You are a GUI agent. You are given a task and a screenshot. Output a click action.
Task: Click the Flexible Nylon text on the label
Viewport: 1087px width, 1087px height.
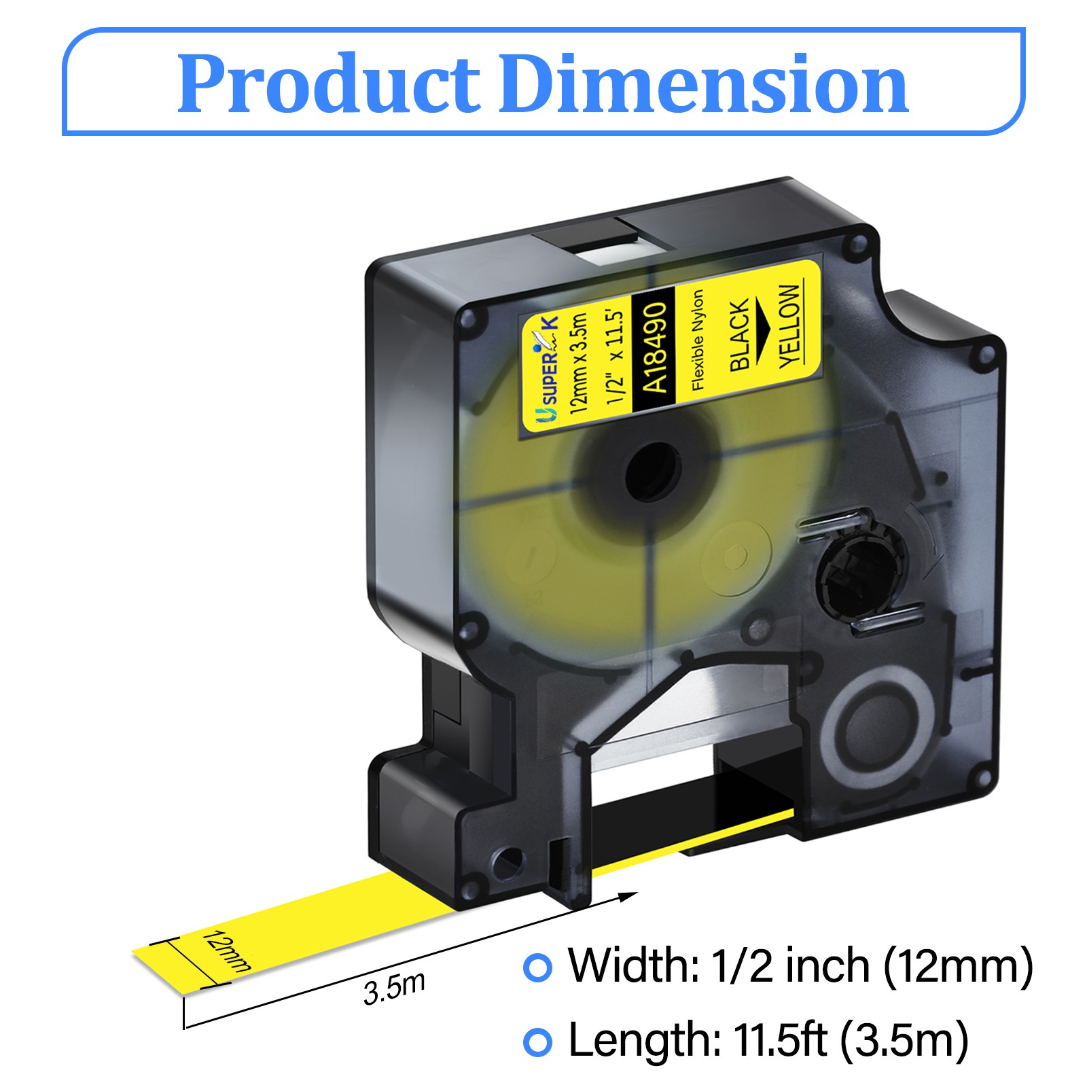click(698, 340)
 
